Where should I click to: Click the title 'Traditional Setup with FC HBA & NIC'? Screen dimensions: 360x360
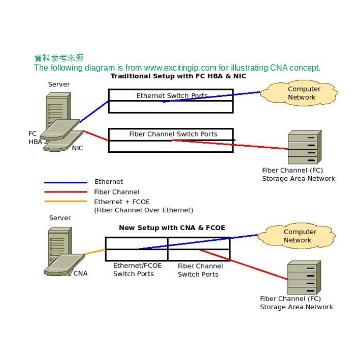coord(178,76)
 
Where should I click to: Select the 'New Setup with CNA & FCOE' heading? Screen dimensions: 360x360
coord(172,227)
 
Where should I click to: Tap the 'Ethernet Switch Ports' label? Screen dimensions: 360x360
coord(172,95)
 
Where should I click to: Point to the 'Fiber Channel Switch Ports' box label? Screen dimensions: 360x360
coord(173,134)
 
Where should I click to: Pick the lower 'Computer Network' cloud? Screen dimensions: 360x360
coord(300,236)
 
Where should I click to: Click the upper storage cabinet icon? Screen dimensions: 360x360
coord(304,147)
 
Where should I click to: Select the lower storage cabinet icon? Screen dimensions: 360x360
coord(304,277)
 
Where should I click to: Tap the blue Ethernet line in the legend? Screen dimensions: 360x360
coord(66,182)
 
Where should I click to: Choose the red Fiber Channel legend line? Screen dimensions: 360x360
coord(66,192)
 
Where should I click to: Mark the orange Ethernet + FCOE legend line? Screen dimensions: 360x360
coord(66,202)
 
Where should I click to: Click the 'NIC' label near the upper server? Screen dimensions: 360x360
coord(77,148)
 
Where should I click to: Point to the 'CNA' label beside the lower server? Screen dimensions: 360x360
coord(80,273)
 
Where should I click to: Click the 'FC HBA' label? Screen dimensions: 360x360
coord(35,138)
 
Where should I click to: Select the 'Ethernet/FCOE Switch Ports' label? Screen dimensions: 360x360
coord(137,270)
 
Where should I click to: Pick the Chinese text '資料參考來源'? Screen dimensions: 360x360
coord(58,58)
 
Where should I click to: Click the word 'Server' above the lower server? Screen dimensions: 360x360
coord(60,218)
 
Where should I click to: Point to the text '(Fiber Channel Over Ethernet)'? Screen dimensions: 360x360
coord(144,210)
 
